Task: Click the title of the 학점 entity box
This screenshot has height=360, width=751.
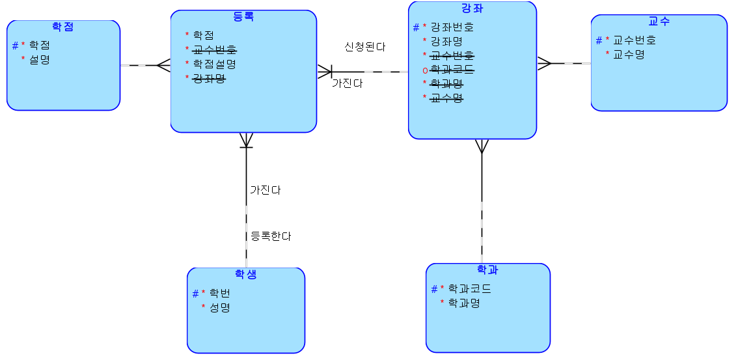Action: [62, 27]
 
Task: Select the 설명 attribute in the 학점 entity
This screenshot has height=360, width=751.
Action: [39, 60]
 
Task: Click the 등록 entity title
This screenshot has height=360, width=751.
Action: [243, 17]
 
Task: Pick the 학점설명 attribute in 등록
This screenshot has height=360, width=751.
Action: [214, 64]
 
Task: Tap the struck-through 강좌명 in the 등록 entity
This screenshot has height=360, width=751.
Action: [209, 78]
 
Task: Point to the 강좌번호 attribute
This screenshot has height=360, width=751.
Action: [452, 27]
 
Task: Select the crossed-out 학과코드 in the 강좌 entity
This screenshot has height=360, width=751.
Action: [452, 70]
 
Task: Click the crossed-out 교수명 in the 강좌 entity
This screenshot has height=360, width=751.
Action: [446, 98]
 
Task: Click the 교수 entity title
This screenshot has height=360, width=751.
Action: [659, 21]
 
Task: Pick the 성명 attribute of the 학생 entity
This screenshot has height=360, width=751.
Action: [220, 307]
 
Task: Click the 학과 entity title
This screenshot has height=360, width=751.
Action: [487, 270]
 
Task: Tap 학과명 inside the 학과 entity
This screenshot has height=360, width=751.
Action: [464, 303]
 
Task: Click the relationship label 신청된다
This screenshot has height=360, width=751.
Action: [365, 47]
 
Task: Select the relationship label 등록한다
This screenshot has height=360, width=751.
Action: [271, 236]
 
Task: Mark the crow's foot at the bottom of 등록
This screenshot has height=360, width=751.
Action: [246, 141]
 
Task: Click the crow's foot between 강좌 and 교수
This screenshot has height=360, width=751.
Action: [545, 63]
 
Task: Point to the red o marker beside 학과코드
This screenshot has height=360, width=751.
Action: [425, 70]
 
